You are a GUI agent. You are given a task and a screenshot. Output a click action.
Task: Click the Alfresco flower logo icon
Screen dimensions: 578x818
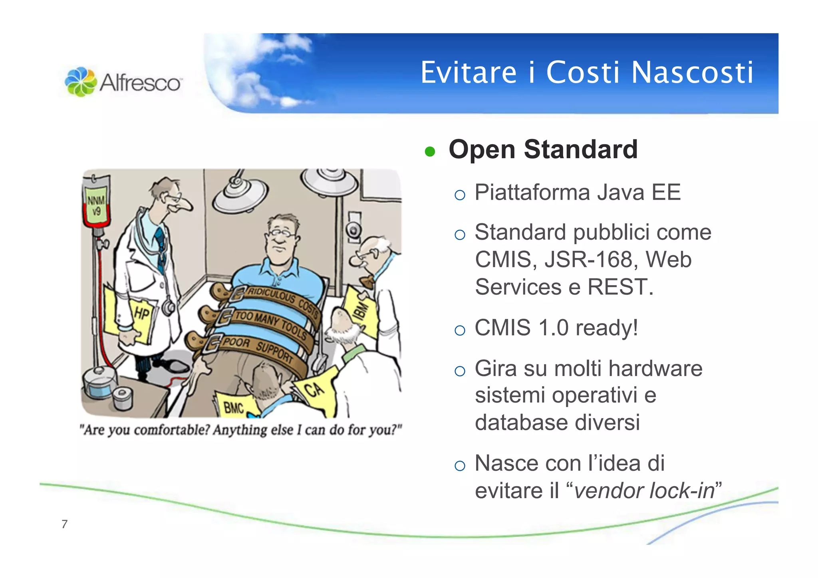[x=81, y=82]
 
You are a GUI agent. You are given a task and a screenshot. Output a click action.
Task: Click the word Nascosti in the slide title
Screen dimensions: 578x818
[x=693, y=73]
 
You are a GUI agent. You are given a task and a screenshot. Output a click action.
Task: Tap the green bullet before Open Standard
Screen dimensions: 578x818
[x=430, y=152]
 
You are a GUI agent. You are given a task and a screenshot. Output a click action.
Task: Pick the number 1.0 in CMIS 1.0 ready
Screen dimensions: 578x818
[x=553, y=328]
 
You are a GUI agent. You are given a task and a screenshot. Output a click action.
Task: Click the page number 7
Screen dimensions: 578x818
[x=65, y=524]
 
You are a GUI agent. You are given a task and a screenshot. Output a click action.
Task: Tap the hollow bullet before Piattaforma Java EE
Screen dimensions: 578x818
[x=460, y=195]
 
